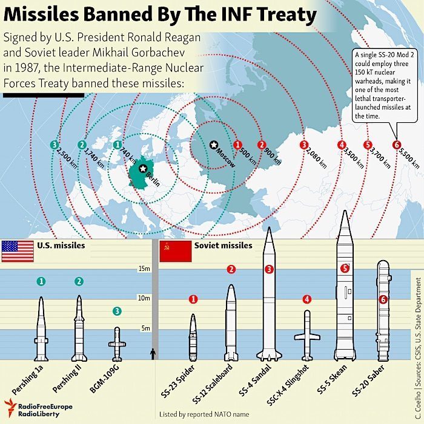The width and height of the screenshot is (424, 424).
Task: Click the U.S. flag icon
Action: [18, 251]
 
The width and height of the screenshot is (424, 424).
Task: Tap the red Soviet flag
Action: [176, 252]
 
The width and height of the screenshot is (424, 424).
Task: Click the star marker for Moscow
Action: [214, 145]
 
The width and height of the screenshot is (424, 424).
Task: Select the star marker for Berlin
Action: [143, 169]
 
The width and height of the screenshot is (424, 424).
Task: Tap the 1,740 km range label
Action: [94, 158]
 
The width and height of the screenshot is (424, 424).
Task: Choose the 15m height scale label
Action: [144, 269]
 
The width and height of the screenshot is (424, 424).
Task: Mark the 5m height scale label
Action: [145, 328]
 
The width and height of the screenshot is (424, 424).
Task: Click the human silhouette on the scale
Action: [153, 354]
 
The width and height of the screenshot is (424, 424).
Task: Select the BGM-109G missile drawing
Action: [117, 344]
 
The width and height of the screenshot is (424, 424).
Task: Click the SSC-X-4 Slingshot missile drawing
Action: [307, 335]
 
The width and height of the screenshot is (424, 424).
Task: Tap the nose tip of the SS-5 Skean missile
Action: [345, 210]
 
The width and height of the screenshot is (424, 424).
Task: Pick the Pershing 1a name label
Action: [28, 380]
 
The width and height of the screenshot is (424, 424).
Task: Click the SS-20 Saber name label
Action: [368, 380]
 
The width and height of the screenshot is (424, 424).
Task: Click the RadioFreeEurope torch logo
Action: [10, 407]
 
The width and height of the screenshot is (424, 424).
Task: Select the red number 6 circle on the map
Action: [397, 145]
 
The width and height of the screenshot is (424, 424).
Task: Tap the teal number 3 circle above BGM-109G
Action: [117, 311]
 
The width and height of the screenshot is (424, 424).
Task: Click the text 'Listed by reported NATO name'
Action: [204, 414]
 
